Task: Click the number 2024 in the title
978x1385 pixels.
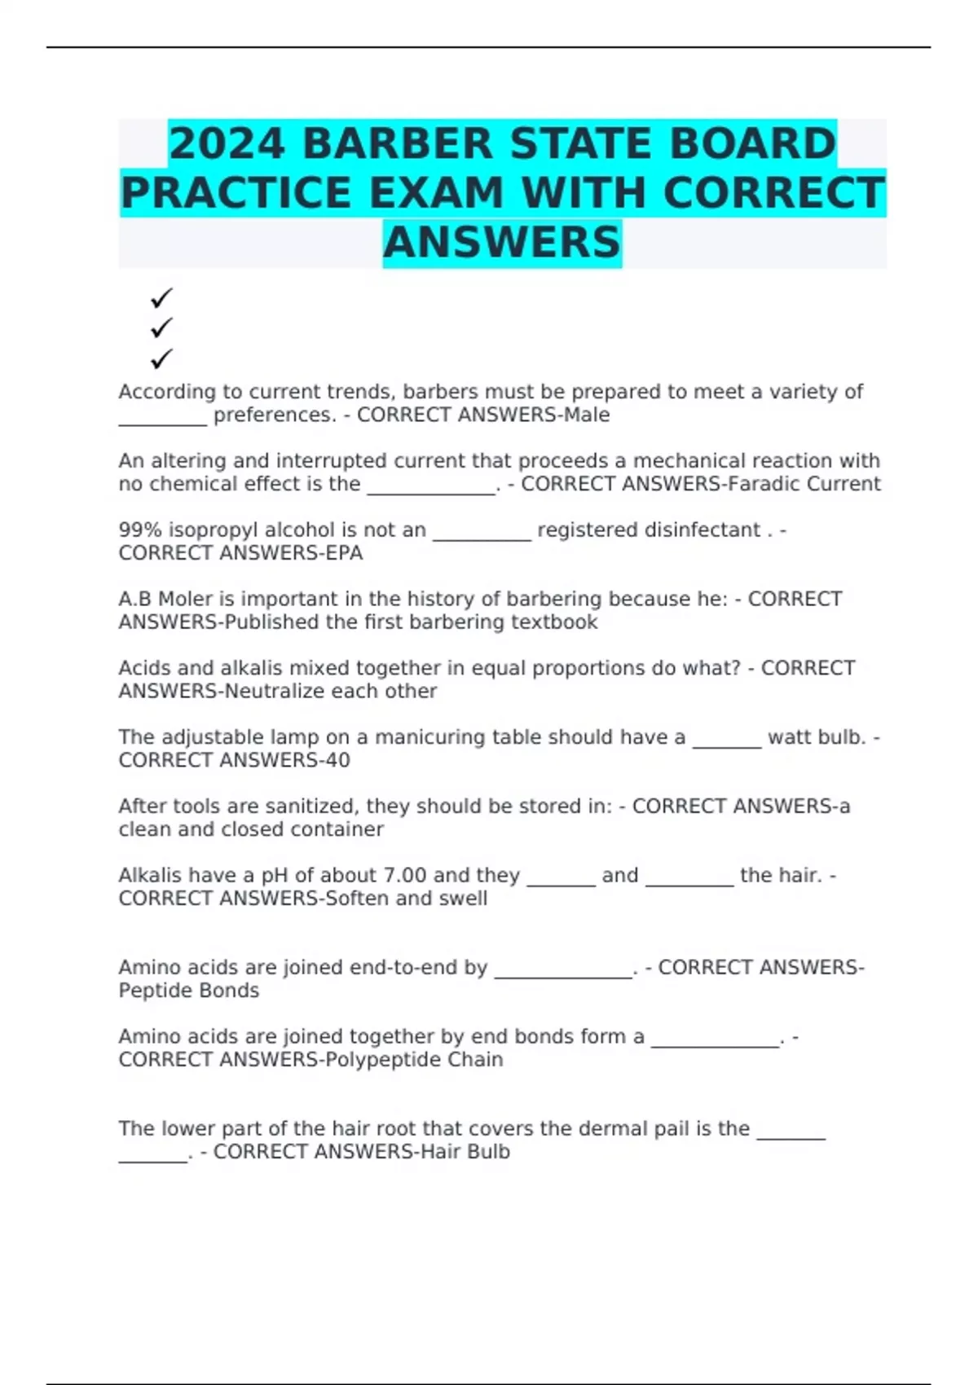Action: click(x=227, y=143)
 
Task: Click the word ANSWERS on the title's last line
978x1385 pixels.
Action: click(x=502, y=243)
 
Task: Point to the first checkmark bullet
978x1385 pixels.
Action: click(x=161, y=297)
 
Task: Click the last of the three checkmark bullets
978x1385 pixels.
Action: click(x=161, y=358)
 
